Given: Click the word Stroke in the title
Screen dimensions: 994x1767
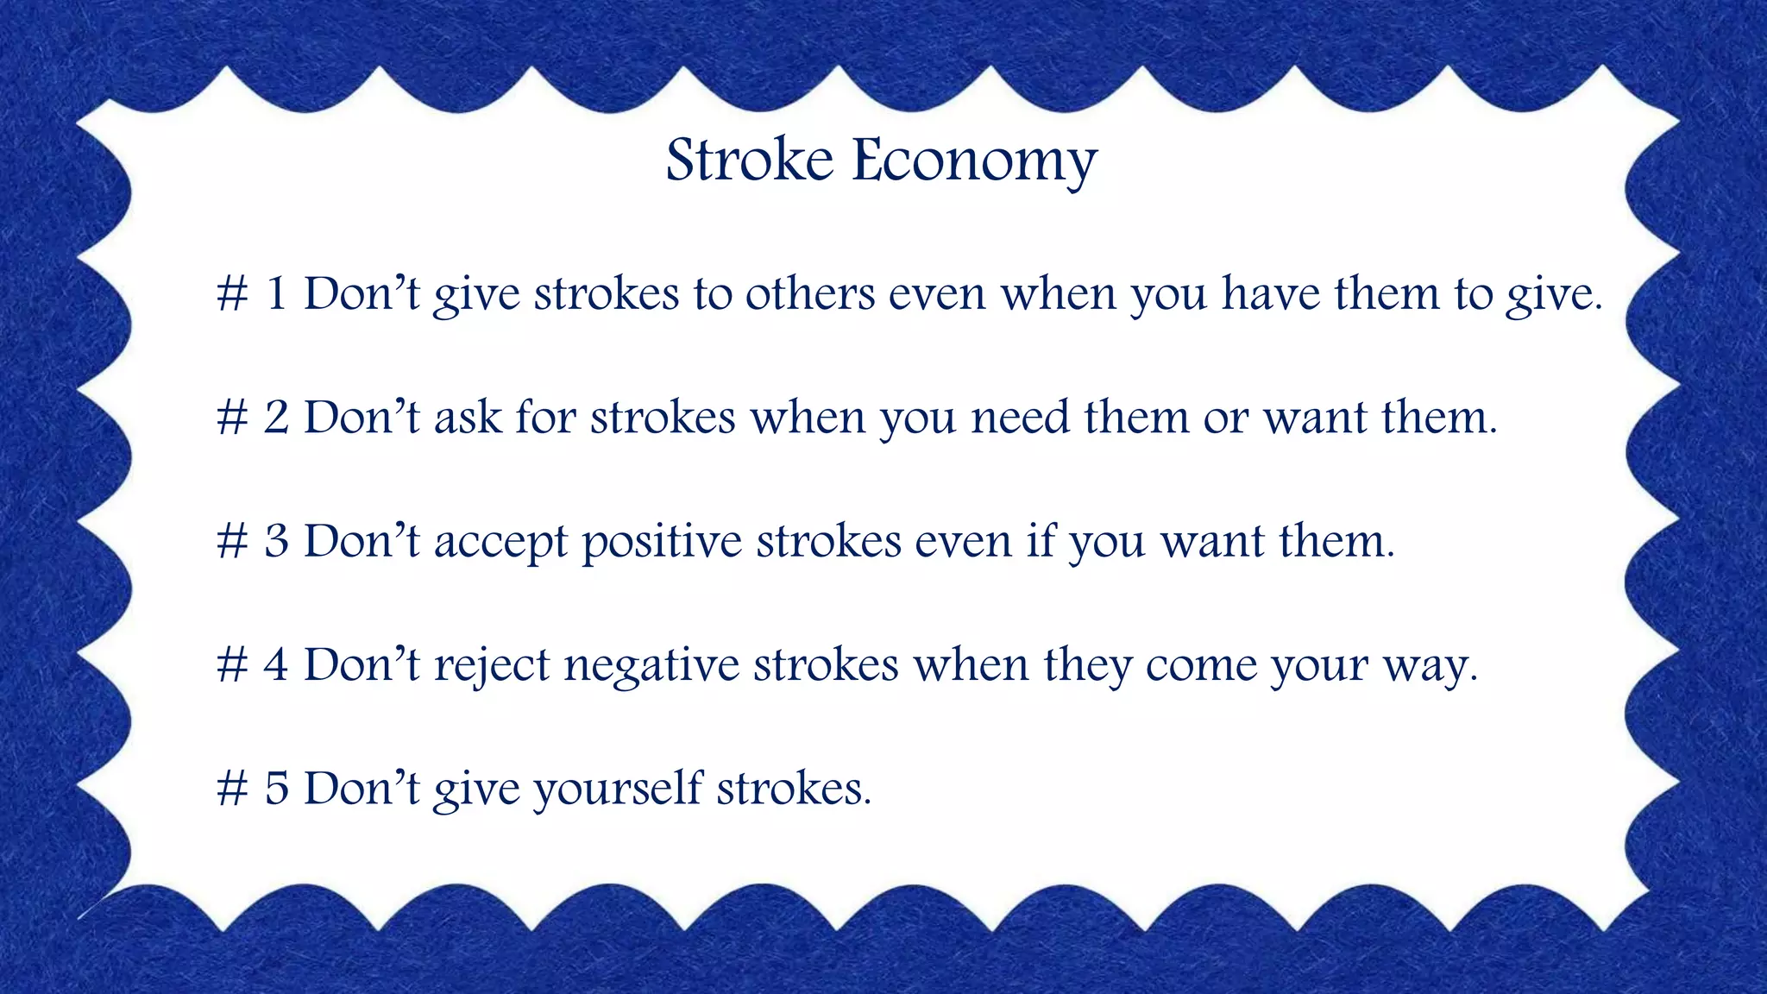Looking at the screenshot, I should pos(749,160).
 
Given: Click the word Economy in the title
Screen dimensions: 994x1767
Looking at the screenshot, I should pos(974,162).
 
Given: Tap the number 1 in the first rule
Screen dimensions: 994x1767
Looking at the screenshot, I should pos(276,293).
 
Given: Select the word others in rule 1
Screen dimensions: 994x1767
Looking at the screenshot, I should pos(810,293).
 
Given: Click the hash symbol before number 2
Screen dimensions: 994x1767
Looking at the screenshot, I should pos(232,418).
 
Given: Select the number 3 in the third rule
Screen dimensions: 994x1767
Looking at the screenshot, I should pos(276,541).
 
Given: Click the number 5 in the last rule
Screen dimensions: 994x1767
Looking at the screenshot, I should pos(276,789).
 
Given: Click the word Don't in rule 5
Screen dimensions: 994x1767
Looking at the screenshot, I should pos(362,789).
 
